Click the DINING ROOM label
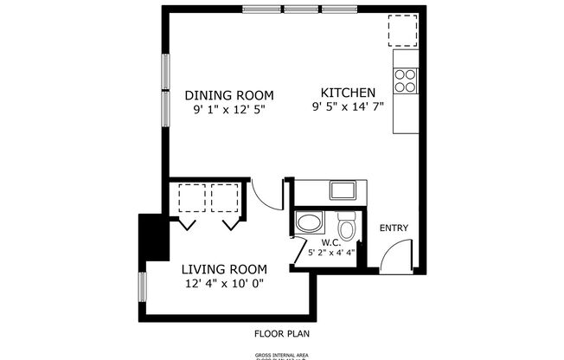pyautogui.click(x=228, y=95)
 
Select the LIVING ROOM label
pyautogui.click(x=223, y=269)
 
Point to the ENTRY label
pyautogui.click(x=394, y=228)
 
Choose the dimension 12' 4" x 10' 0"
pyautogui.click(x=223, y=283)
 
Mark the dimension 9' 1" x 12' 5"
pyautogui.click(x=228, y=110)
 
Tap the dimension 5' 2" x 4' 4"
pyautogui.click(x=333, y=253)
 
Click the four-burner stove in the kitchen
pyautogui.click(x=405, y=80)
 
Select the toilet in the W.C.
pyautogui.click(x=347, y=227)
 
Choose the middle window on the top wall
pyautogui.click(x=300, y=10)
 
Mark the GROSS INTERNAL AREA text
pyautogui.click(x=281, y=355)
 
